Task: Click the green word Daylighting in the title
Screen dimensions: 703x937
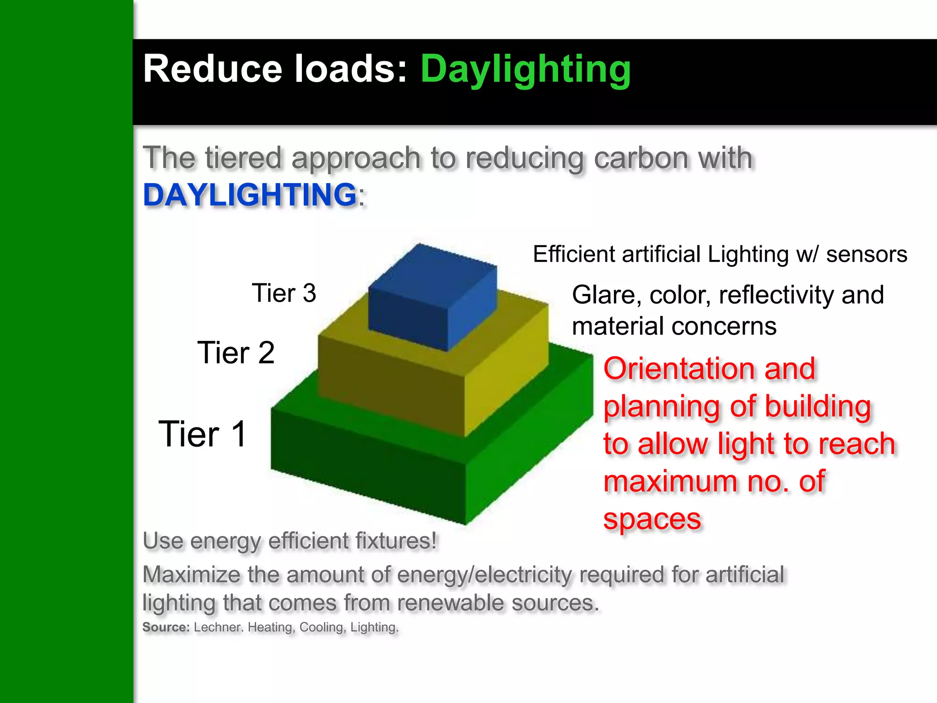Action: coord(525,70)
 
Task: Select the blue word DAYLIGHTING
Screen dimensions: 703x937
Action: coord(250,195)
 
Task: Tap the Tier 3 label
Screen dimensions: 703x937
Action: coord(284,293)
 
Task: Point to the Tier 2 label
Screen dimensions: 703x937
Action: coord(236,353)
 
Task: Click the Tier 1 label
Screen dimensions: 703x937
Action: coord(203,434)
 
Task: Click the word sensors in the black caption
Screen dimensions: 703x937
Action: coord(866,254)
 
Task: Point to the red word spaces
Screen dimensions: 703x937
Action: coord(652,519)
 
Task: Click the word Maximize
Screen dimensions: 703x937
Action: coord(191,575)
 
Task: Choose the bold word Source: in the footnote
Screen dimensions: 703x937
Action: coord(166,627)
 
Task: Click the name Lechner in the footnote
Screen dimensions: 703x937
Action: coord(218,627)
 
